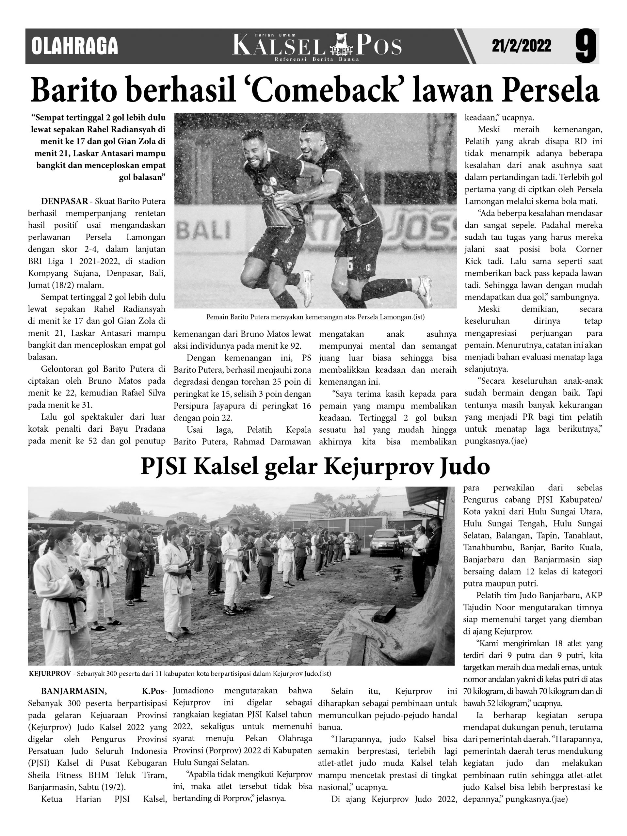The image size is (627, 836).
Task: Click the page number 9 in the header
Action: [586, 46]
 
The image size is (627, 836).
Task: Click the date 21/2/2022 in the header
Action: [521, 46]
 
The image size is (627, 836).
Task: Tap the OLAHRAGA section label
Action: [75, 46]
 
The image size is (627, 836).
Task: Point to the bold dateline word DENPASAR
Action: [64, 201]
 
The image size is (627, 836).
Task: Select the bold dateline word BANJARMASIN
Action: [74, 691]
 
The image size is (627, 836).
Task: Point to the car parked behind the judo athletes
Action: [384, 543]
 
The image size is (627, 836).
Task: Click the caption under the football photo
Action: [315, 317]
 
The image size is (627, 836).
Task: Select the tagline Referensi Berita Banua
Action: [317, 59]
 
